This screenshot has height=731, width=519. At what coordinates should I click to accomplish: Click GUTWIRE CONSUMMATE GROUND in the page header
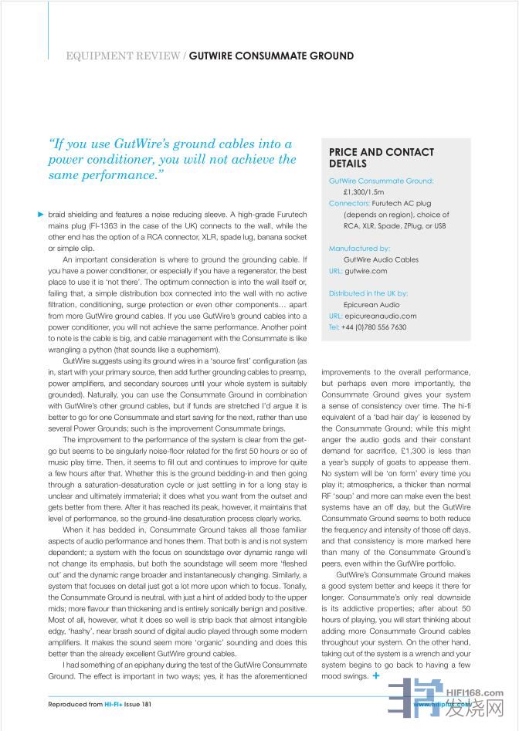point(272,56)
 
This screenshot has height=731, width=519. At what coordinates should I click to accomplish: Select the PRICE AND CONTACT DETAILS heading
point(381,158)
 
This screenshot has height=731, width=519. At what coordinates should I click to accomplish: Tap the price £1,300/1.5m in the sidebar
point(364,191)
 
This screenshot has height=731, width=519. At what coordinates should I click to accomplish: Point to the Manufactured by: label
point(359,249)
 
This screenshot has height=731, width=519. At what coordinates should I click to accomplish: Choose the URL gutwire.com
point(366,271)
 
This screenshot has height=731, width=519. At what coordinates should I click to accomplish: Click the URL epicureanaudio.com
point(381,316)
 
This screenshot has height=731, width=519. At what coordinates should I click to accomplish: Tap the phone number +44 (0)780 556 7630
point(374,327)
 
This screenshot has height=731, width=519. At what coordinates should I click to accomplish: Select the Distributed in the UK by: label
point(368,293)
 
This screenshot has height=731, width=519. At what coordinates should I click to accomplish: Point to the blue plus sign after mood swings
point(375,675)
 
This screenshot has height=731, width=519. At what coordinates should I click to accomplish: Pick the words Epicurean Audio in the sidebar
point(371,304)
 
